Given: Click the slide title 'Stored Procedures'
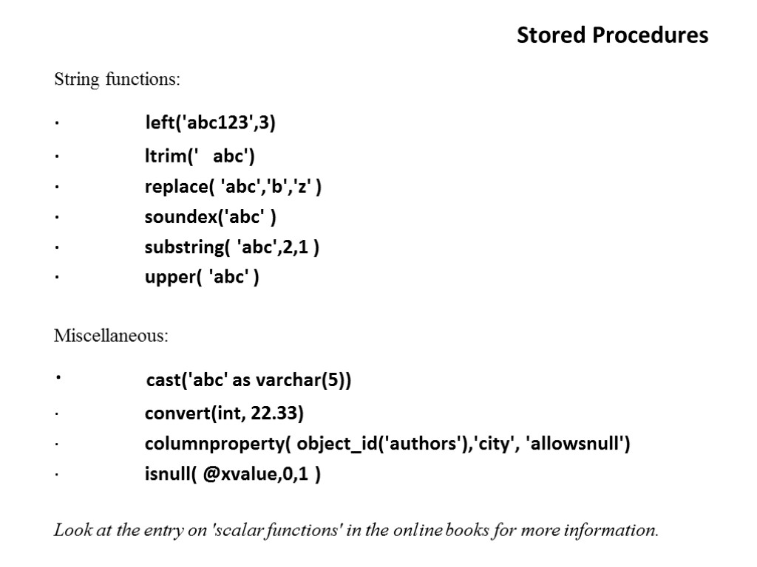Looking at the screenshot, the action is click(612, 35).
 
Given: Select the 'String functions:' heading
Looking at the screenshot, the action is click(117, 79).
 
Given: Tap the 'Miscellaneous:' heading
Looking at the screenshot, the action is click(111, 336).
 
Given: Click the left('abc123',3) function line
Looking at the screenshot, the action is click(210, 123).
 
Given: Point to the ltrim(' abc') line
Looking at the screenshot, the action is click(200, 157).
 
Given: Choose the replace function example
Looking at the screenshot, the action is click(233, 187).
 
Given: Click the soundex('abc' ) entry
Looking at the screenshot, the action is click(211, 217).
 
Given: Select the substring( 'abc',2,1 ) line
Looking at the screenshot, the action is click(232, 247).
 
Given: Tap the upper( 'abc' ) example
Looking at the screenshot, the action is click(202, 278).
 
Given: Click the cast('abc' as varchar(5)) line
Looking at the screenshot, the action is click(248, 380).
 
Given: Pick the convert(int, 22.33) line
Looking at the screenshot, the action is click(224, 413).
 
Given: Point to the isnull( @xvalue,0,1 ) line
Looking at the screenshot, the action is click(232, 475).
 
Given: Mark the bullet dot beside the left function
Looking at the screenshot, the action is click(55, 124).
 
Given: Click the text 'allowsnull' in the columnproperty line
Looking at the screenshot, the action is click(576, 444).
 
